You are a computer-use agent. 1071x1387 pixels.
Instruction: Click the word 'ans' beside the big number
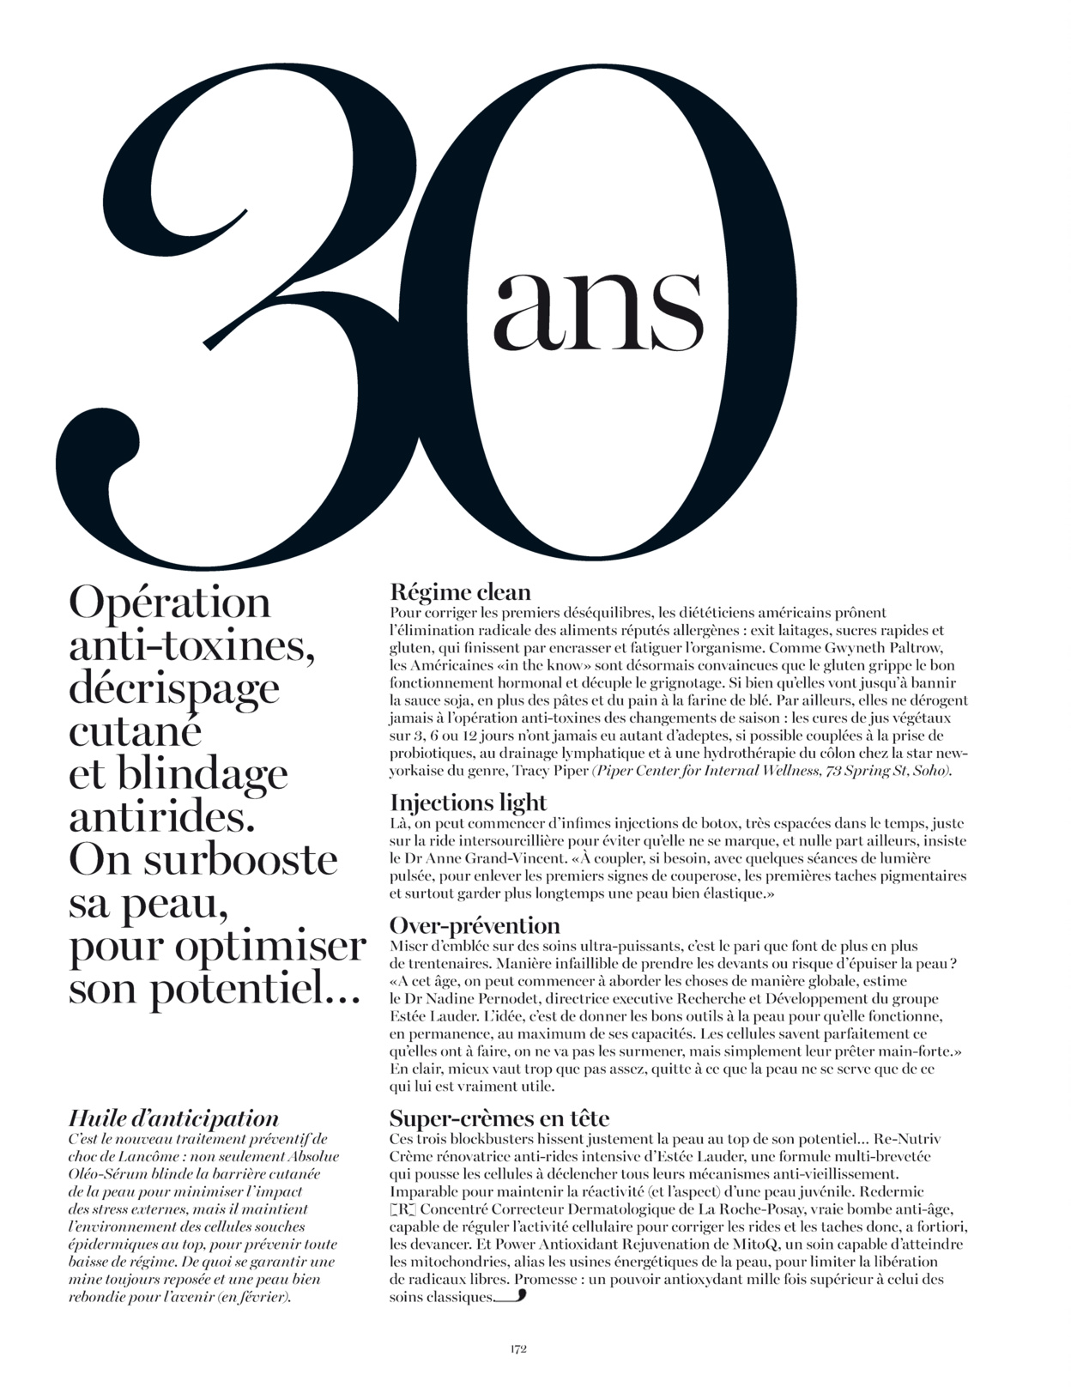click(597, 309)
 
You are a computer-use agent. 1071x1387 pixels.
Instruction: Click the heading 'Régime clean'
click(460, 591)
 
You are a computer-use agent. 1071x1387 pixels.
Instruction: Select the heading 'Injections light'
click(468, 803)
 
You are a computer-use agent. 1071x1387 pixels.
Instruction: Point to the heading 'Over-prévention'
click(475, 925)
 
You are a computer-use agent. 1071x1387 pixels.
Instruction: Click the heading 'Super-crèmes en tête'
click(499, 1118)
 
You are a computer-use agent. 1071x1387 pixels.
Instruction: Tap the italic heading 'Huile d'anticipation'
click(173, 1118)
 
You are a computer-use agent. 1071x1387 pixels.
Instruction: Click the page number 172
click(517, 1348)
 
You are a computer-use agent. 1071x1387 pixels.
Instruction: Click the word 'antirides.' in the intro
click(161, 817)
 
